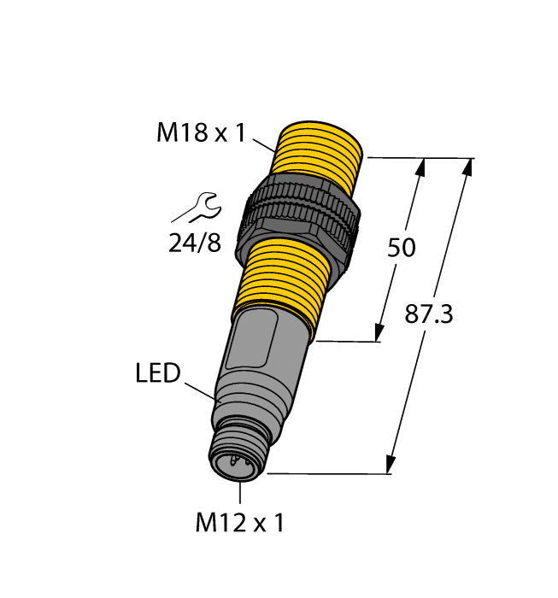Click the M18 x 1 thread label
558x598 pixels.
(201, 133)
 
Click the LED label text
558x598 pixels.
(158, 373)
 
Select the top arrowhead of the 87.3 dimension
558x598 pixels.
(468, 167)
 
